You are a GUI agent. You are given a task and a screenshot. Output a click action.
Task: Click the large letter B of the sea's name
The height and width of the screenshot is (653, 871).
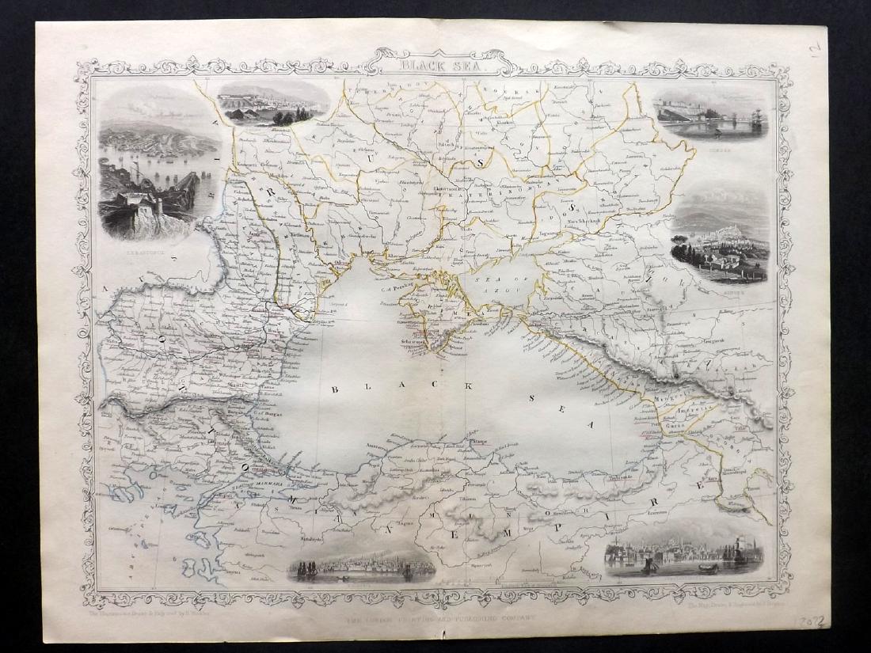pos(336,389)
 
